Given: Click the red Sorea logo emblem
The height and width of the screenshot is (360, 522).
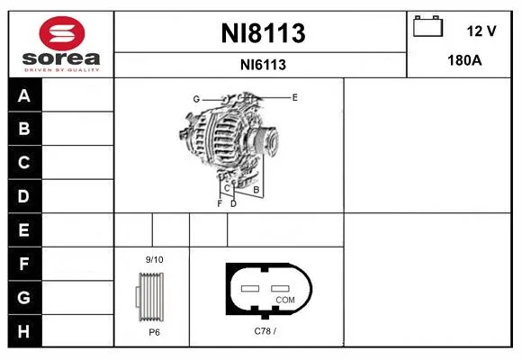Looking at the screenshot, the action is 62,33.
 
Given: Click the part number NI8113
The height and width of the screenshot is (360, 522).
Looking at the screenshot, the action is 263,33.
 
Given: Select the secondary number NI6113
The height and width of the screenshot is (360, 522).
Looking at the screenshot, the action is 263,65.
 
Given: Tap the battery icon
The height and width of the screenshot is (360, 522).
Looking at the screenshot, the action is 427,26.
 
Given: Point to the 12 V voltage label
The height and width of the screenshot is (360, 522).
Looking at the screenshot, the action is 481,31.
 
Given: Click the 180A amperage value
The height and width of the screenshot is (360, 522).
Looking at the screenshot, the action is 464,60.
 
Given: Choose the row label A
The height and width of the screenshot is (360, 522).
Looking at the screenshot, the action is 24,95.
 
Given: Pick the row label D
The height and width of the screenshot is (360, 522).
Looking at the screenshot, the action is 23,196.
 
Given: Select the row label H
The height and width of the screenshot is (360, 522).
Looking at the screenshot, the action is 23,331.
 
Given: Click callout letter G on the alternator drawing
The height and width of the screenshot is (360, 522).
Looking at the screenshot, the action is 196,99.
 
